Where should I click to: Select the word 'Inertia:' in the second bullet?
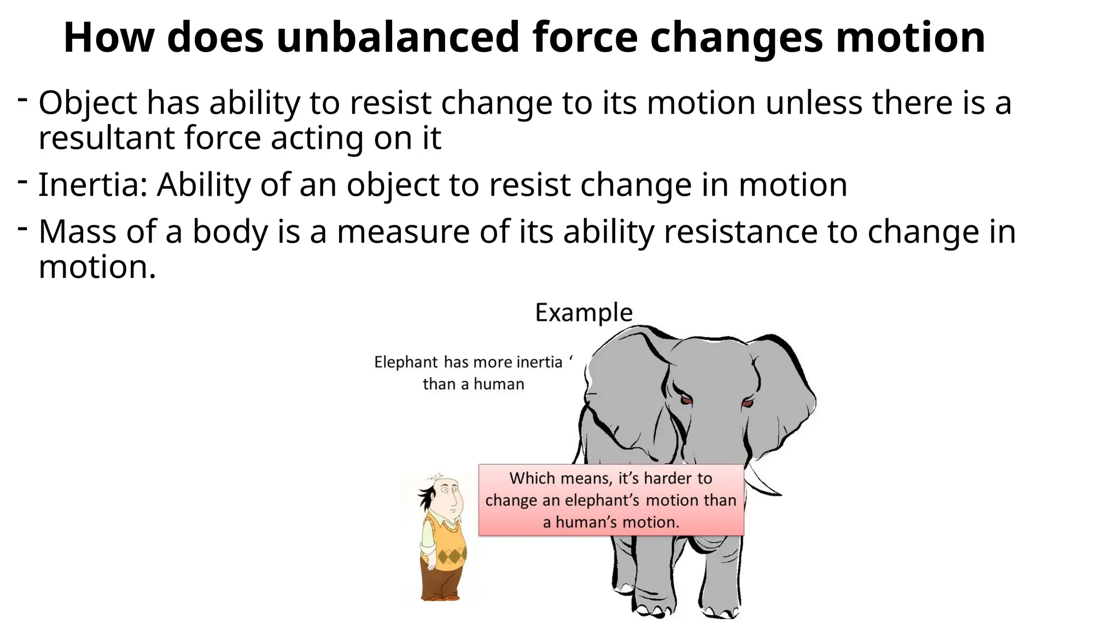[x=92, y=185]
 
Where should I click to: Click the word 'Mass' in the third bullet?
[x=77, y=232]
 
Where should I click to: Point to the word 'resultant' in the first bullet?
[x=106, y=138]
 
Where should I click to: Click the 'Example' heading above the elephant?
[x=584, y=313]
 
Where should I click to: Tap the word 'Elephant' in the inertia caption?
[x=406, y=362]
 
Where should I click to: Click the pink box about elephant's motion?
[x=611, y=500]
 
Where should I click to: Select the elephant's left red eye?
[x=686, y=400]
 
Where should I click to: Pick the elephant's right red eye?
[x=748, y=404]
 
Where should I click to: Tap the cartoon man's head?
[x=446, y=494]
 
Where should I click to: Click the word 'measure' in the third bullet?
[x=403, y=232]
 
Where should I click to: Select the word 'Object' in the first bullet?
[x=87, y=103]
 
